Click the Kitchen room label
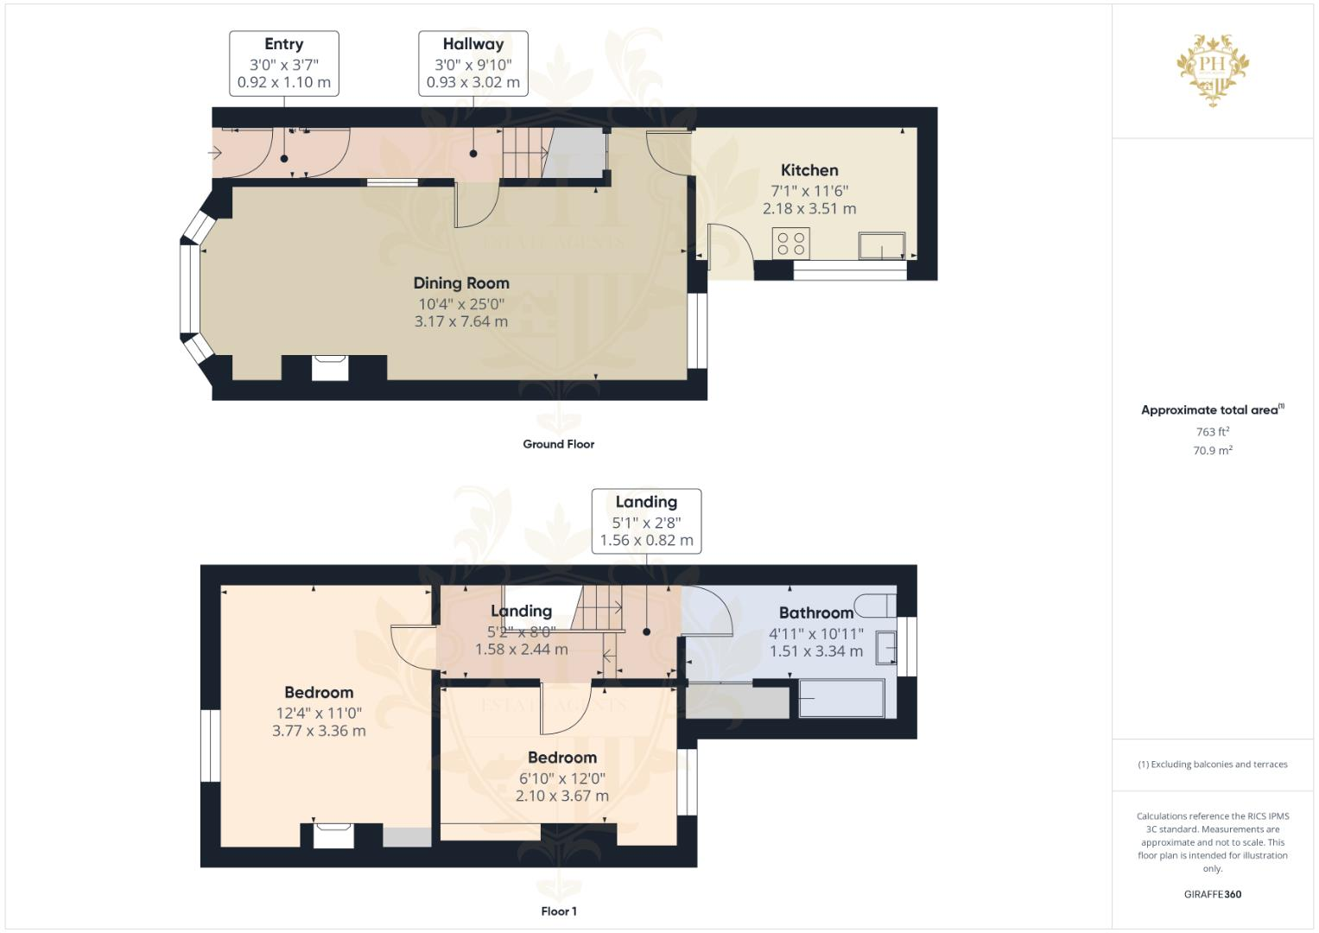(809, 170)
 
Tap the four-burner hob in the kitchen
(792, 243)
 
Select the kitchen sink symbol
(882, 246)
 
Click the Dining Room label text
(461, 282)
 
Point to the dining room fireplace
(331, 367)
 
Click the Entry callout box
(283, 63)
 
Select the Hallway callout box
(473, 63)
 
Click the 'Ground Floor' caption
(558, 444)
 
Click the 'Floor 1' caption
(559, 911)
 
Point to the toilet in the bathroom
(875, 603)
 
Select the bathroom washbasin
(886, 647)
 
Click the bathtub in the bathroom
(841, 698)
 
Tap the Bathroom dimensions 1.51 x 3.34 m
(816, 651)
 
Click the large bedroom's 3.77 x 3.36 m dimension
(319, 731)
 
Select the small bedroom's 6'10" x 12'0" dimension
(562, 777)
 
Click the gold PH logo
(1213, 68)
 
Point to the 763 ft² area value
(1213, 432)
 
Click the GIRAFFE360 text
(1212, 894)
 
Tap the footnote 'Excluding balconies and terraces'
(1213, 765)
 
